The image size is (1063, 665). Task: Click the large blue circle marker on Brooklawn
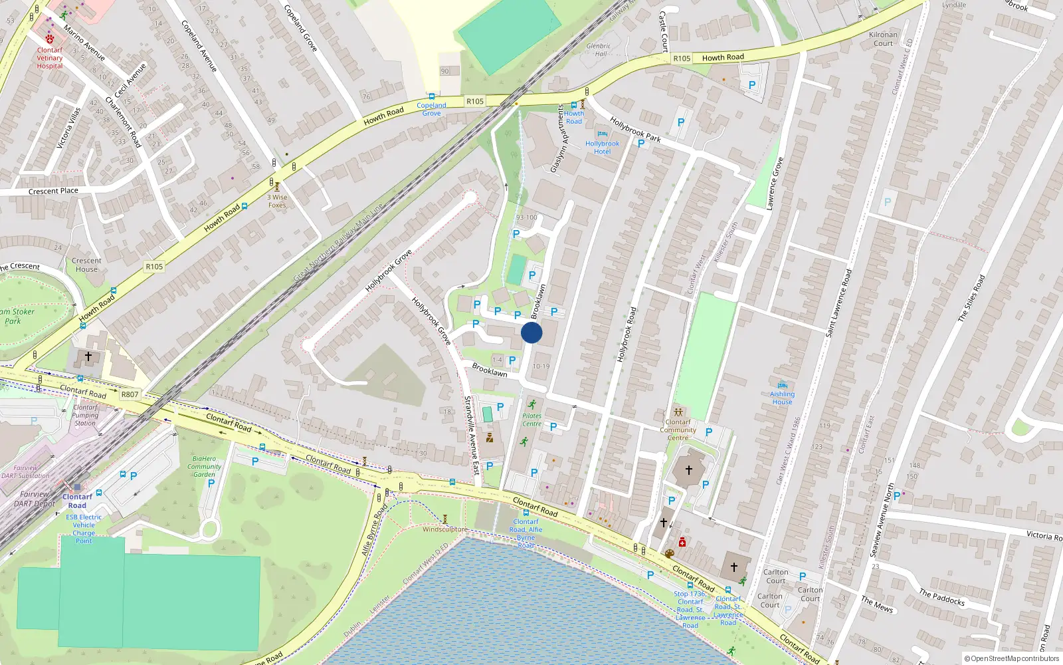531,332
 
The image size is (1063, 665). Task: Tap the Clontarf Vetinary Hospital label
50,58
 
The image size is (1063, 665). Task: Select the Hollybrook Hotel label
602,148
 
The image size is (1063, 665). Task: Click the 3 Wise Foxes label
278,201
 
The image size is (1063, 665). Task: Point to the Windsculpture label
444,529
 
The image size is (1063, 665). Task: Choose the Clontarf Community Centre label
678,430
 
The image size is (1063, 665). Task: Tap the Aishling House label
782,398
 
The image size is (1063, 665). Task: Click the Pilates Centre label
531,420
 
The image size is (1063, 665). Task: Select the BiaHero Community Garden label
204,466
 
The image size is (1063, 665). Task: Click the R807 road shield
130,394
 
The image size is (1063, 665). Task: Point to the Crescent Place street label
53,192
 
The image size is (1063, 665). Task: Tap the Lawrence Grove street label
775,184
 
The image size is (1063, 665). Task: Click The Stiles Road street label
971,299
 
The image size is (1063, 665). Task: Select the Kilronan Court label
883,39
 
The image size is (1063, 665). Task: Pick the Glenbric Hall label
599,50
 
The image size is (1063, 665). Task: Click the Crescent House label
86,265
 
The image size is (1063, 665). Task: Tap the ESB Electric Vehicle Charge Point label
84,529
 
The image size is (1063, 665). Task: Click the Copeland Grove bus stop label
431,109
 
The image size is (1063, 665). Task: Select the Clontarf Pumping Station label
85,415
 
